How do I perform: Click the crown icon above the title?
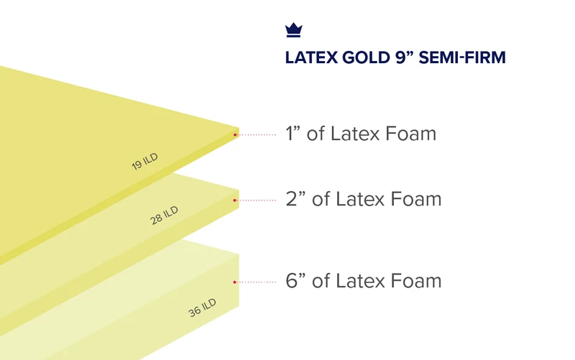point(294,30)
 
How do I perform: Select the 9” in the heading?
point(404,57)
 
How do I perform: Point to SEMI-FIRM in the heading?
point(462,57)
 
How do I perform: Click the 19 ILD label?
point(145,161)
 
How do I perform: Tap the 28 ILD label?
point(164,215)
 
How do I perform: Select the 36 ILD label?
point(202,308)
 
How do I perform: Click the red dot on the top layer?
point(235,135)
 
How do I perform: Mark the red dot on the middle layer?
point(235,200)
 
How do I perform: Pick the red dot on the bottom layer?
point(235,282)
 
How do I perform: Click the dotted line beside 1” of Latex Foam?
point(257,135)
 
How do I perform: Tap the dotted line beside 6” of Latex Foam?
point(257,282)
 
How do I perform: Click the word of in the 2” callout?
point(321,199)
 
